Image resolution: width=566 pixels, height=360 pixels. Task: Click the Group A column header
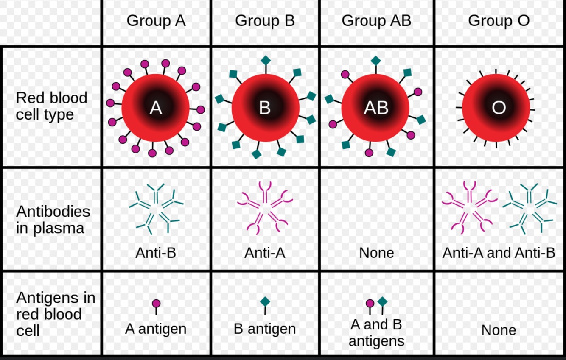[156, 21]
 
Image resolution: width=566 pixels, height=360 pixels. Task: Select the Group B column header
[265, 21]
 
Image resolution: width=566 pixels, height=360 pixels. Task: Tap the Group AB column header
[376, 21]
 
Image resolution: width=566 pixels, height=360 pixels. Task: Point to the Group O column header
[499, 21]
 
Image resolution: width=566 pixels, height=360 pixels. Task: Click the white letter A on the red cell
[156, 108]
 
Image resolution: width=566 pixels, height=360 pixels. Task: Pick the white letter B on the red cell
[265, 108]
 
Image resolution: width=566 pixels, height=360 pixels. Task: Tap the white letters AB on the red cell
[376, 108]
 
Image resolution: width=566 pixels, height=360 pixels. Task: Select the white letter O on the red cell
[499, 108]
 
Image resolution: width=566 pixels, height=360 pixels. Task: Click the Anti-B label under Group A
[156, 253]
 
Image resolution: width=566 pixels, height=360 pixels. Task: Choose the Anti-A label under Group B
[265, 253]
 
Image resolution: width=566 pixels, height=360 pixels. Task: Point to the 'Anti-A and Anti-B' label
[499, 253]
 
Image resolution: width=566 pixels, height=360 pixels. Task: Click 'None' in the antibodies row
[376, 253]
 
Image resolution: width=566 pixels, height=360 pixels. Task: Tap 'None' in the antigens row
[499, 330]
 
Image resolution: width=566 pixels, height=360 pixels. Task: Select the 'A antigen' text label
[156, 329]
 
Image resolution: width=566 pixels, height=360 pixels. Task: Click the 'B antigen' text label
[265, 329]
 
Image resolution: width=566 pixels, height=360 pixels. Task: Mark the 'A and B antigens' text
[376, 332]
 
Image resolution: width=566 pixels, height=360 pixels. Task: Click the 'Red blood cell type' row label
[51, 106]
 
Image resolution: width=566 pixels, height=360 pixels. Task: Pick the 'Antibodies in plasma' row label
[53, 220]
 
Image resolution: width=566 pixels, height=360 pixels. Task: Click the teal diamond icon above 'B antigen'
[265, 302]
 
